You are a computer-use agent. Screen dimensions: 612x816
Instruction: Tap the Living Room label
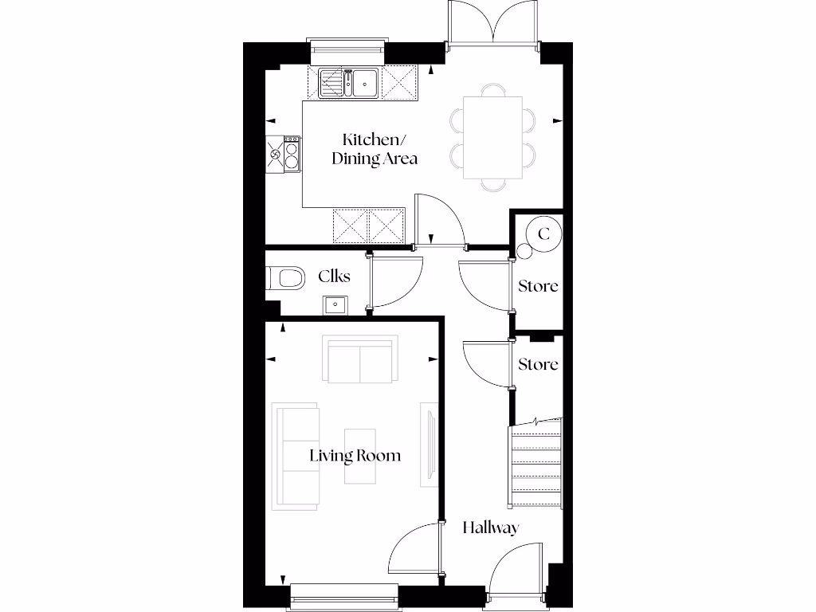pos(355,456)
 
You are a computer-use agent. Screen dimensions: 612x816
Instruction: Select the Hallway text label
pos(491,528)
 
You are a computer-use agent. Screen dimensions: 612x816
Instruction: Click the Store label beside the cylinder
pos(538,285)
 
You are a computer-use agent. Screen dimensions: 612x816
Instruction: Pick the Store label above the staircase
pos(538,364)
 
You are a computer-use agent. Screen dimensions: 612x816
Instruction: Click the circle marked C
pos(544,234)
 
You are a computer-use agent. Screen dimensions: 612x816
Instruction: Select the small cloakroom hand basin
pos(334,304)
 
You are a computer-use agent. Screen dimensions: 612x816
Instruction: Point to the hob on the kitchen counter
pos(290,155)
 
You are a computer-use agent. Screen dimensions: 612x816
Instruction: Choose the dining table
pos(492,138)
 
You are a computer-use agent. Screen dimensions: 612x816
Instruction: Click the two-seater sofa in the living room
pos(361,359)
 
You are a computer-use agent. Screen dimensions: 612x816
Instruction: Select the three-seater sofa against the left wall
pos(296,457)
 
